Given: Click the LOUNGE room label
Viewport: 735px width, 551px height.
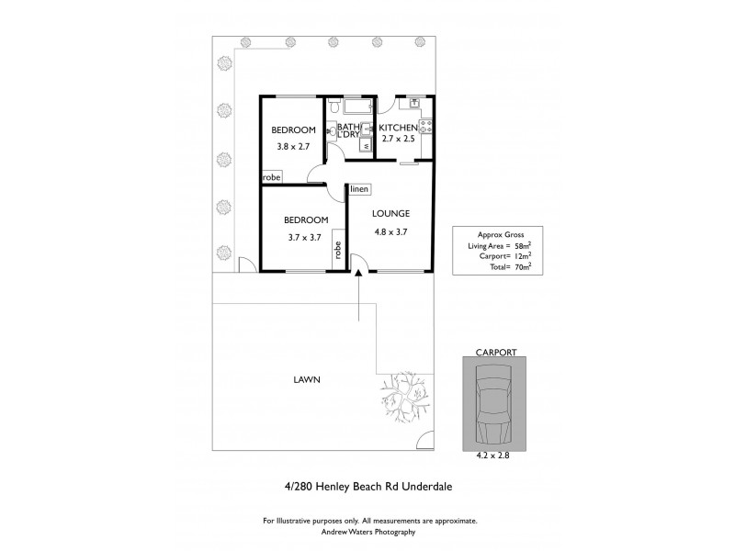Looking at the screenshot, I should click(390, 213).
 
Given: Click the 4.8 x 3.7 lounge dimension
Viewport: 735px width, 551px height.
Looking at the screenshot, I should click(390, 231).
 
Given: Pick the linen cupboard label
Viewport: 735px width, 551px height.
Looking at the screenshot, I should click(358, 189).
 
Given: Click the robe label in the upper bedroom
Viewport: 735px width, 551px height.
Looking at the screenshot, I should click(272, 176).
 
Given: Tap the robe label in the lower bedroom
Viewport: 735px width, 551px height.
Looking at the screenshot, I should click(338, 250).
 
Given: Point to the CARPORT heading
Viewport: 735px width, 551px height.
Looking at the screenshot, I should click(495, 351).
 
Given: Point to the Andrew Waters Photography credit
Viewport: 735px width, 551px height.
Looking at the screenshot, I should click(367, 532).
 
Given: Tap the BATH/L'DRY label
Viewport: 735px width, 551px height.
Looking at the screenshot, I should click(349, 131).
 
